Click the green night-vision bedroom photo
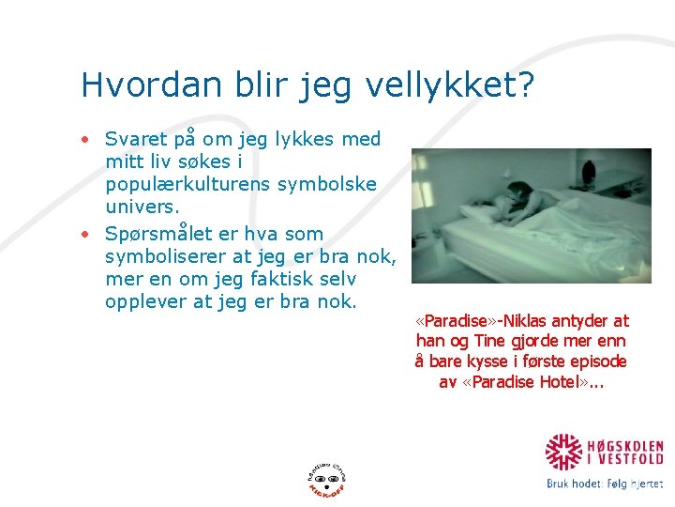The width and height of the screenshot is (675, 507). [532, 216]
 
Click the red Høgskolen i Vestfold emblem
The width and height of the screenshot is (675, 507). [564, 451]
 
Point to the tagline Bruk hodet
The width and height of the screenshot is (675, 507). [574, 484]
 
